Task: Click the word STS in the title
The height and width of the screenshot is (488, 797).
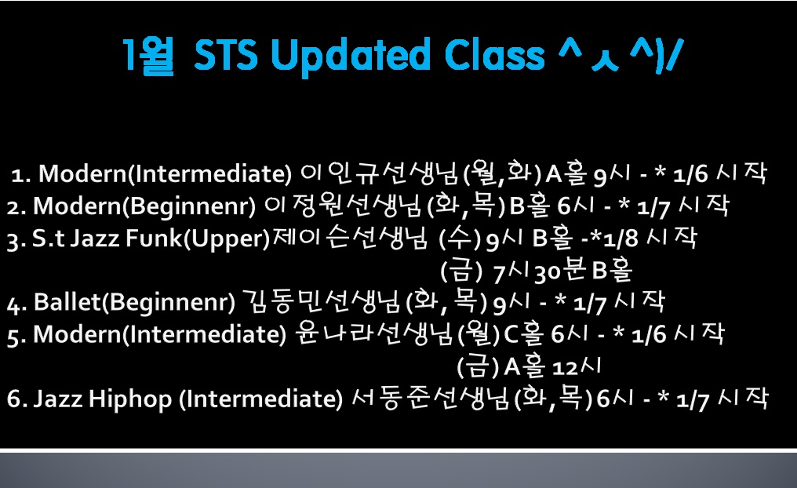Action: point(226,55)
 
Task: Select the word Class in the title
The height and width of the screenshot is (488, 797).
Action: point(494,54)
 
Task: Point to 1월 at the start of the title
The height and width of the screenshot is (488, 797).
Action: point(148,56)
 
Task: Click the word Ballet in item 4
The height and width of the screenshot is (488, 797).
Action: point(67,303)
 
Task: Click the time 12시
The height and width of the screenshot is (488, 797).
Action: point(577,366)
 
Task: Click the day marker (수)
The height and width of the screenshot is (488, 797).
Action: point(460,239)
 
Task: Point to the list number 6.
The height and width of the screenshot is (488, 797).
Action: point(13,399)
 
